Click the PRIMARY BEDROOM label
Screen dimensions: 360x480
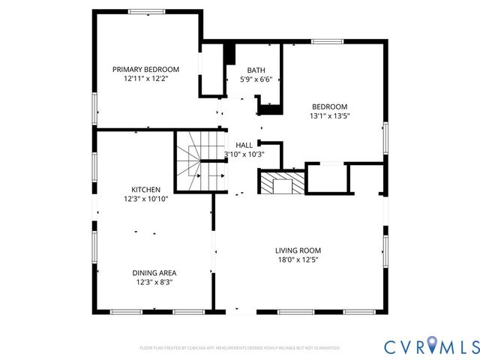(145, 69)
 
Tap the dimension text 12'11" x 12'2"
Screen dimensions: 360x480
(145, 79)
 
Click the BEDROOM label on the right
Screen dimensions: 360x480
(329, 106)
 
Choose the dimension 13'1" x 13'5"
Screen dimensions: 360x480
(329, 116)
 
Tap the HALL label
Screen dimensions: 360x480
(244, 145)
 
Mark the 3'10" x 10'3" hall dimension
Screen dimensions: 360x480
(244, 154)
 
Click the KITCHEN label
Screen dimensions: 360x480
(146, 190)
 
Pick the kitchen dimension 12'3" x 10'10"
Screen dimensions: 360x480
(146, 199)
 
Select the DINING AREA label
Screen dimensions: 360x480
(155, 273)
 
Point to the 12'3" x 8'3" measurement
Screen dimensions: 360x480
(155, 283)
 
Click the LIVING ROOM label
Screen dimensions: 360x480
(298, 250)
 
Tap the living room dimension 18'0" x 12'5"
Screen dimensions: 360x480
(298, 260)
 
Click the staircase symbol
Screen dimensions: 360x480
(199, 162)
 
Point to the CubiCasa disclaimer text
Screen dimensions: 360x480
(240, 348)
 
